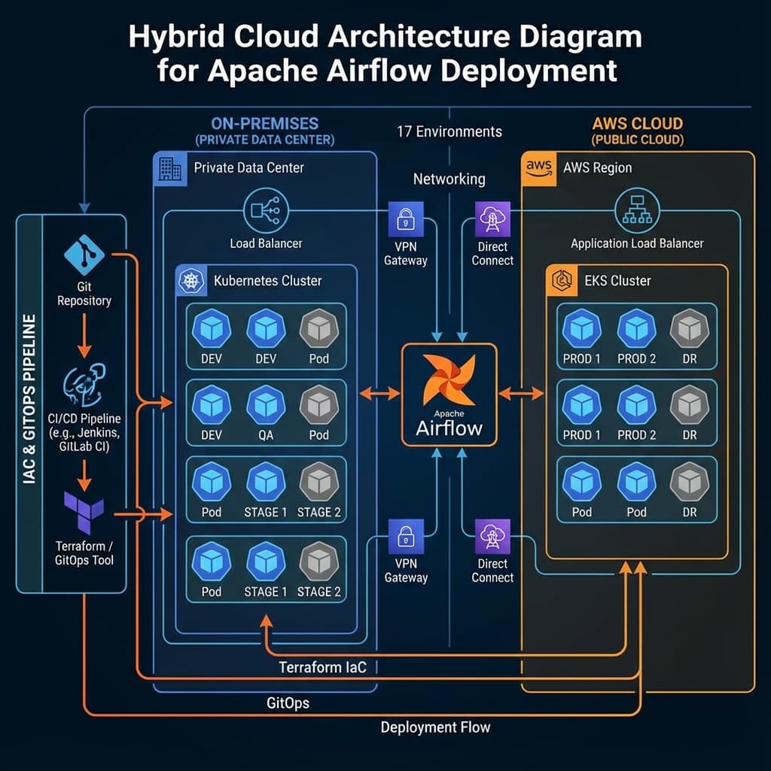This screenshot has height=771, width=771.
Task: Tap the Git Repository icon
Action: (x=84, y=254)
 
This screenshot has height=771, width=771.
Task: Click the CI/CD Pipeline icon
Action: (x=84, y=384)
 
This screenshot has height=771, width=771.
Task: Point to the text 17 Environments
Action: (x=449, y=132)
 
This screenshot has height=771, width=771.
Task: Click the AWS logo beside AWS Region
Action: (x=540, y=167)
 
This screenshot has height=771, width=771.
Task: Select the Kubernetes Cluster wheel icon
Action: (x=189, y=281)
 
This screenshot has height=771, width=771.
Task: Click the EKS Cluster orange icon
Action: (x=560, y=281)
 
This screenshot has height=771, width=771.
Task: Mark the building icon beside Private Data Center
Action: (x=170, y=167)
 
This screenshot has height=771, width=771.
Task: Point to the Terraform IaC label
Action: (x=322, y=667)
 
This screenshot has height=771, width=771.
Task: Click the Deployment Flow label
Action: (x=435, y=727)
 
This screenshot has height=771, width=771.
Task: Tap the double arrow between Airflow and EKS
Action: (x=521, y=393)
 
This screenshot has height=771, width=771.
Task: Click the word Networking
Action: (x=449, y=179)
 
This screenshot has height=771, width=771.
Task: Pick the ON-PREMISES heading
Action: (x=264, y=123)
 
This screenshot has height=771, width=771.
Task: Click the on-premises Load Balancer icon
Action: (x=266, y=211)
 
